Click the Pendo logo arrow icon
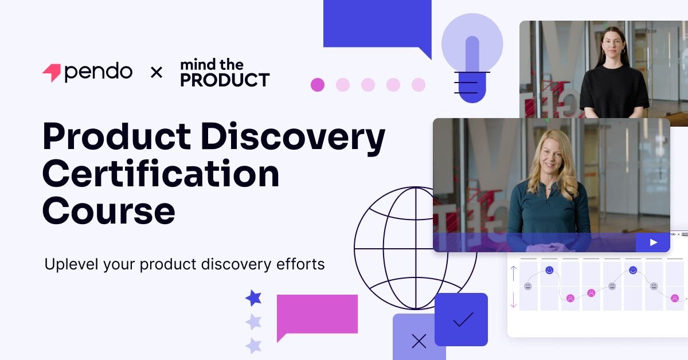pyautogui.click(x=51, y=73)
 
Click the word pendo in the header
pyautogui.click(x=98, y=72)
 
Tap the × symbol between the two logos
pyautogui.click(x=156, y=73)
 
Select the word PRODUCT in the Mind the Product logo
pyautogui.click(x=225, y=80)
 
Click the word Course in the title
pyautogui.click(x=108, y=210)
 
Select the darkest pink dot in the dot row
pyautogui.click(x=318, y=85)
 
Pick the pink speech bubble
pyautogui.click(x=316, y=314)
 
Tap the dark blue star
pyautogui.click(x=253, y=298)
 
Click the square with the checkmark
pyautogui.click(x=461, y=319)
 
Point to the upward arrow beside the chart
pyautogui.click(x=514, y=272)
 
